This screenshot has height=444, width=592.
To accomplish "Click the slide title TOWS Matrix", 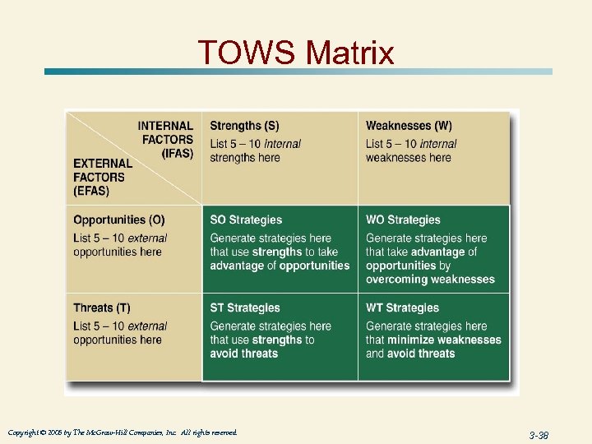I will pos(296,53).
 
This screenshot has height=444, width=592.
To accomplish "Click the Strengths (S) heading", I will pos(244,126).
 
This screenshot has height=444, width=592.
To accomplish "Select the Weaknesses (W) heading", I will pos(409,126).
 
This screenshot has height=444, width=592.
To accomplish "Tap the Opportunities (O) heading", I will pos(118,220).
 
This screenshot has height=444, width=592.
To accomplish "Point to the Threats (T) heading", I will pos(101,308).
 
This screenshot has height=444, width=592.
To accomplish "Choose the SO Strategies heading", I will pos(246,220).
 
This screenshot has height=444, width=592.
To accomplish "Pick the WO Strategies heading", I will pos(404,220).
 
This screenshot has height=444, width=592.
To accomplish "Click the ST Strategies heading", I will pos(245,308).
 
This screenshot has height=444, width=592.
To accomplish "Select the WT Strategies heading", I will pos(403,308).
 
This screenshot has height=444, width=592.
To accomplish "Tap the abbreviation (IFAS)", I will pos(178,154).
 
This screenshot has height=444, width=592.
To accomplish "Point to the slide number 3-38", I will pos(539,434).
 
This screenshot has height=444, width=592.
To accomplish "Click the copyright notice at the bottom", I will pos(123,432).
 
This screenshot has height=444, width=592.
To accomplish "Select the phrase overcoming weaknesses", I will pos(430,279).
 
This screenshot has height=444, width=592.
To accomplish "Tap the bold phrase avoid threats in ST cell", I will pos(244,354).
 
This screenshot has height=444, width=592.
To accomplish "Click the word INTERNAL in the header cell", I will pos(165,126).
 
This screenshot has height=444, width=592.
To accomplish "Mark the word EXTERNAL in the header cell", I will pos(103,163).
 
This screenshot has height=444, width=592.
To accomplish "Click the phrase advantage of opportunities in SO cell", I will pos(280,266).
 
